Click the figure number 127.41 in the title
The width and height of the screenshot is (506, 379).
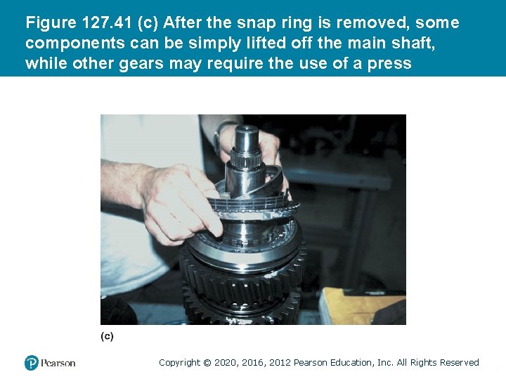pos(107,22)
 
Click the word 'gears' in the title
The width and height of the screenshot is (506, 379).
pos(141,63)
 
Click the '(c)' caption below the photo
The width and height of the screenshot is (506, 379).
pos(107,336)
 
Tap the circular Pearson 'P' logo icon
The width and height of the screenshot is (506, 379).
pos(32,363)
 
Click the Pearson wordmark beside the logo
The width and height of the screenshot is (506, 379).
pos(58,364)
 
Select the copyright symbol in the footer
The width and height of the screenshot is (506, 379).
pos(207,363)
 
